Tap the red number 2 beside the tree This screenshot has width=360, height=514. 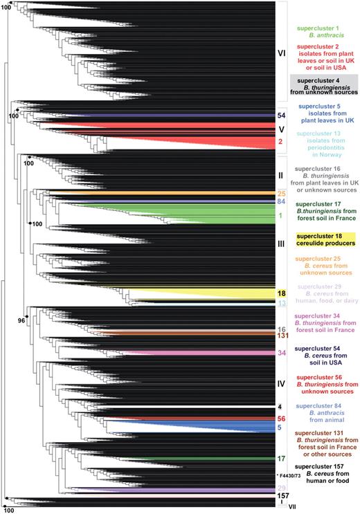click(281, 142)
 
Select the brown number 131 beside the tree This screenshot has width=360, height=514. click(282, 336)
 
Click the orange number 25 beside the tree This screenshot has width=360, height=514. click(282, 193)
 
